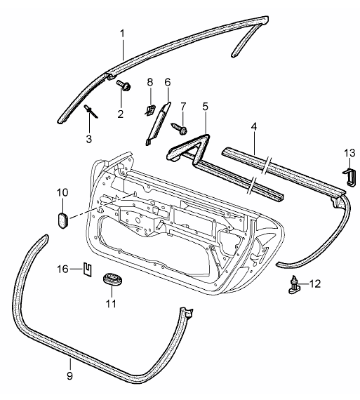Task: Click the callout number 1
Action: (x=123, y=34)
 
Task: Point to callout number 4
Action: (x=253, y=127)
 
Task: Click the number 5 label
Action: (x=205, y=107)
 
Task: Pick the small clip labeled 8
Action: (x=150, y=110)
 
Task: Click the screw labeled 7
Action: (x=180, y=128)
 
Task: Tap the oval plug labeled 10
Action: (x=62, y=220)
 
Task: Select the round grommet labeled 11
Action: (x=112, y=279)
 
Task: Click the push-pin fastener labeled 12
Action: (x=294, y=286)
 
